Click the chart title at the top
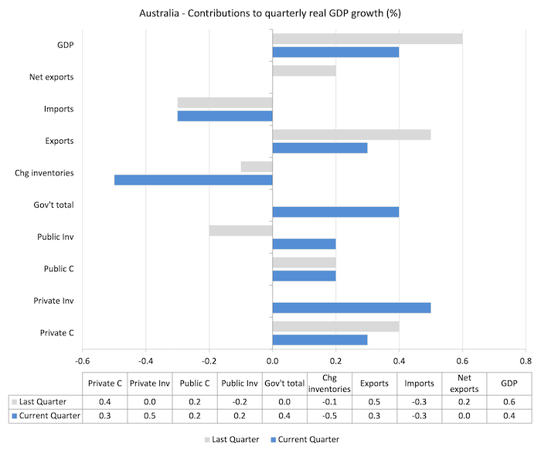(270, 13)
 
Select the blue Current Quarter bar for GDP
(335, 52)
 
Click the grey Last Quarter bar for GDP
(367, 39)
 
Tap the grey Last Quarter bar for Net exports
(304, 71)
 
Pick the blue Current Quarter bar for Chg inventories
(193, 180)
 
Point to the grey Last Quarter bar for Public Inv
(240, 230)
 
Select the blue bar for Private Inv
(351, 308)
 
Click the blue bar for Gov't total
(335, 212)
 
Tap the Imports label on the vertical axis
(58, 109)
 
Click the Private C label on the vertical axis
(56, 333)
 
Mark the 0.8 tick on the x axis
(525, 360)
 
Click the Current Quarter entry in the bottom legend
(305, 439)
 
